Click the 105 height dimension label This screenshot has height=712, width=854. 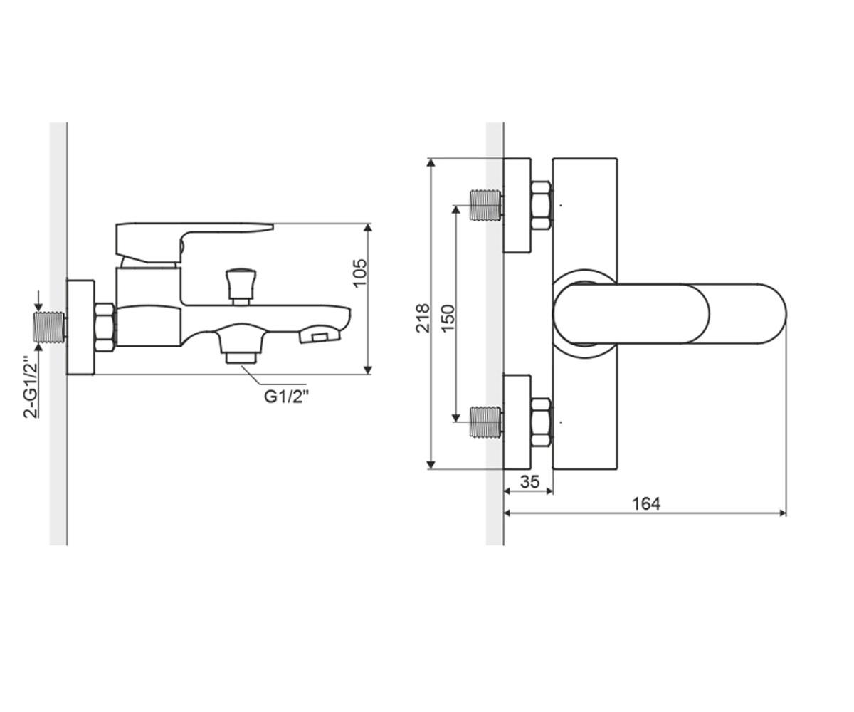coord(360,273)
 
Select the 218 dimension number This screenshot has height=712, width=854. coord(423,318)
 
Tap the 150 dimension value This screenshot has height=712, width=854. coord(448,318)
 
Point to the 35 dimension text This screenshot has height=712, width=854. coord(529,481)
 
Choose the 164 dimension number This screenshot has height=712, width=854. coord(647,503)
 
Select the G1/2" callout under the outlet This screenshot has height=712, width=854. coord(285,397)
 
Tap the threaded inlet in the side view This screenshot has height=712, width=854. coord(50,328)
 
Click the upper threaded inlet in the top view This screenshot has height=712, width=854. coord(487,204)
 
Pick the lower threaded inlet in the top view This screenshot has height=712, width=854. coord(487,422)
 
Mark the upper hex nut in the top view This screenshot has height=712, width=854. coord(542,206)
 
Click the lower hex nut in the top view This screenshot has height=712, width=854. coord(542,422)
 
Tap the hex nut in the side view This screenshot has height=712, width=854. coord(105,328)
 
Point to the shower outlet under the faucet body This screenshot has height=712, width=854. coord(242,343)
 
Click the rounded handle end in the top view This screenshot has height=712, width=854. coord(748,313)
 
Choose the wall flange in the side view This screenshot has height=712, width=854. coord(80,328)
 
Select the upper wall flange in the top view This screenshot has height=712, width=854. coord(517,206)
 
